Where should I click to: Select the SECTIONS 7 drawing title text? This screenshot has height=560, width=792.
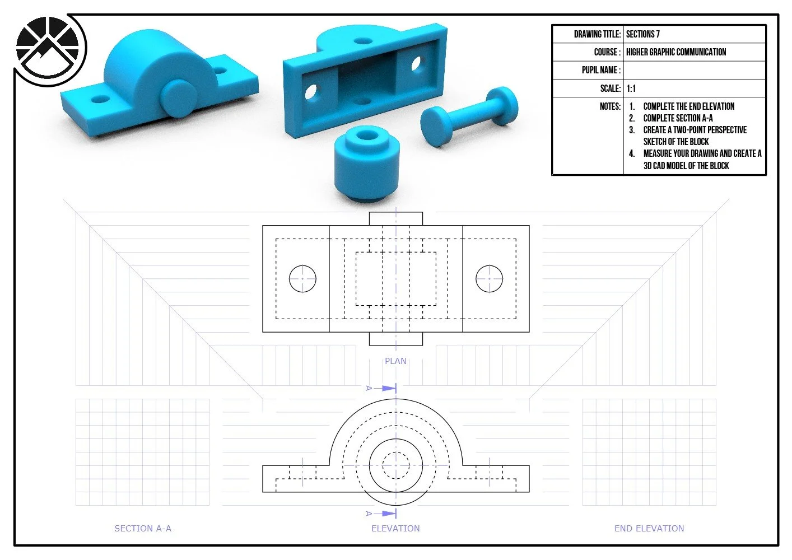[643, 34]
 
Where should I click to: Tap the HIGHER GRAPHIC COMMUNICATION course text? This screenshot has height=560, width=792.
[676, 52]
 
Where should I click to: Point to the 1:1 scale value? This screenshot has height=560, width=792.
[631, 88]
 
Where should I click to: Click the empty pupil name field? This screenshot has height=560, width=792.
[695, 71]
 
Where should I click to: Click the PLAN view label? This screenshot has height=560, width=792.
[395, 361]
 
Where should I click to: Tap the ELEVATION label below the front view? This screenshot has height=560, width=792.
[395, 528]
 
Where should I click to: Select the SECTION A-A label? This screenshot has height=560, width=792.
[143, 528]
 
